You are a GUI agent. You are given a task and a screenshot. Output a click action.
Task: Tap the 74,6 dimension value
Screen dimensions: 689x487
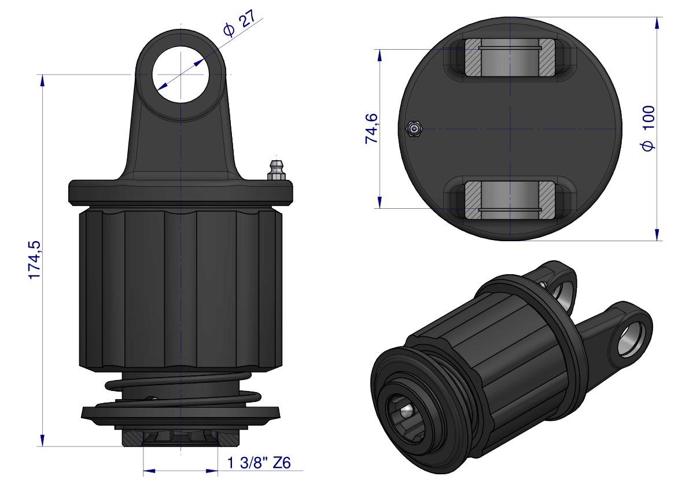coord(371,128)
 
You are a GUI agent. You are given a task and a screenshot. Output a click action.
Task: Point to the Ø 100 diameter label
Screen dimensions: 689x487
coord(648,128)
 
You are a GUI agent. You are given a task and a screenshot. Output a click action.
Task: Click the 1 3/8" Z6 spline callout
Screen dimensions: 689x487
coord(259,462)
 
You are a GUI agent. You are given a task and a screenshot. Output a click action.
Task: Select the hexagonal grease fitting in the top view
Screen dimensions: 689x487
coord(414,128)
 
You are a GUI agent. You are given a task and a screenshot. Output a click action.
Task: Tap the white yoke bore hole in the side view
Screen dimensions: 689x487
coord(180,73)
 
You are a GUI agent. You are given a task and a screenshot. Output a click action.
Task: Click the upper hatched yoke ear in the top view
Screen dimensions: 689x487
coord(510,57)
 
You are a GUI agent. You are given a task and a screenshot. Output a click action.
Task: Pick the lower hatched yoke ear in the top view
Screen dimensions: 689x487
coord(510,200)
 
